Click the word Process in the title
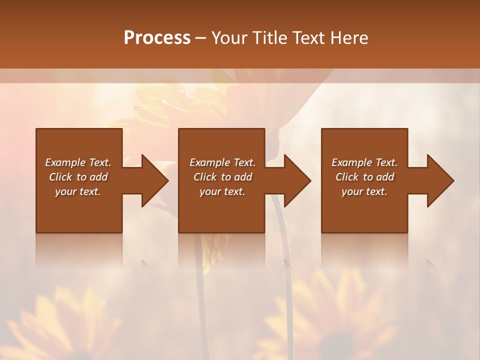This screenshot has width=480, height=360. point(157,38)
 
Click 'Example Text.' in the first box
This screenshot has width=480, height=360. point(78,162)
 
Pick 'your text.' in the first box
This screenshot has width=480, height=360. point(78,191)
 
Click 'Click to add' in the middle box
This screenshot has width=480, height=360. point(222,177)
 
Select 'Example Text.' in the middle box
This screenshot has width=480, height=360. point(222,162)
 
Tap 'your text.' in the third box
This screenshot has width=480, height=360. point(364,191)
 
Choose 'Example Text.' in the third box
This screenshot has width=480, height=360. point(364,162)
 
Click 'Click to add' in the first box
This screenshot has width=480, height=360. point(78,177)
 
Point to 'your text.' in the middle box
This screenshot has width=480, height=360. point(222,191)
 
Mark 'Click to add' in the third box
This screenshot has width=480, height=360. point(364,177)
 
